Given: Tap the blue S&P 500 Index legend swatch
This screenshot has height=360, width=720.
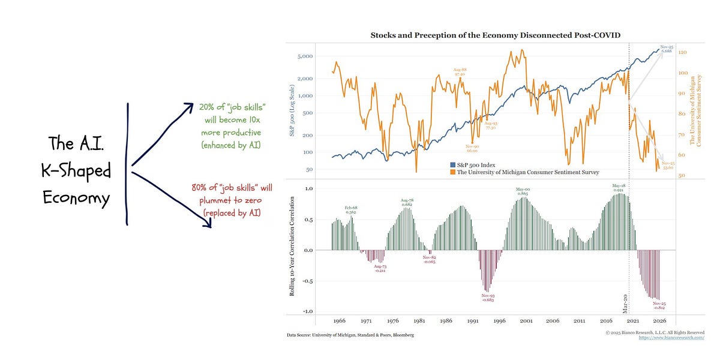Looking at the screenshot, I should click(x=453, y=164).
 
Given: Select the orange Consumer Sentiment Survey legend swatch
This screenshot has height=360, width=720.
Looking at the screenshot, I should click(x=453, y=172).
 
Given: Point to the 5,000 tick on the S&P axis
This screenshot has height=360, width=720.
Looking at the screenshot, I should click(x=306, y=56).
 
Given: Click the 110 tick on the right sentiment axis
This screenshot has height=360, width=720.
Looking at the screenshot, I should click(x=682, y=52).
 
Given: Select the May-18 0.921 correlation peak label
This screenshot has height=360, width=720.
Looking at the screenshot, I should click(x=619, y=188).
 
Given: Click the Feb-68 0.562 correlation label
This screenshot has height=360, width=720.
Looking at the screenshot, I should click(x=351, y=209).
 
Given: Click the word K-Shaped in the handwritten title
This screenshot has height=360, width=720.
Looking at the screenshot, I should click(x=76, y=171).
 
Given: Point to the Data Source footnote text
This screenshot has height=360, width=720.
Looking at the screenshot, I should click(x=350, y=335).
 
